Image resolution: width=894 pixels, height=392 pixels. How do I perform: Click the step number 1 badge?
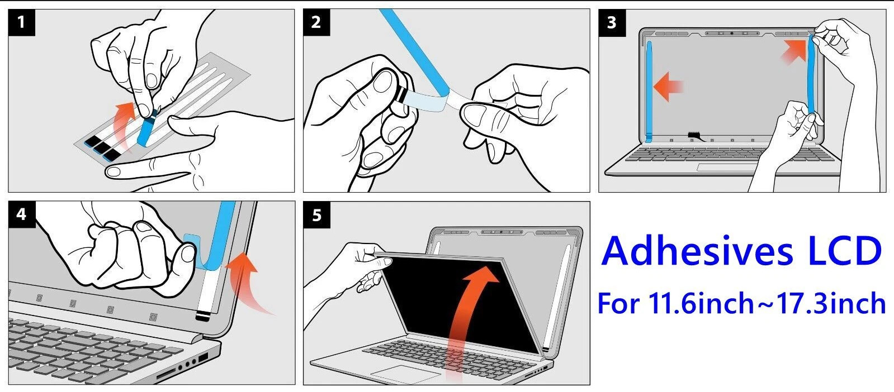click(x=22, y=22)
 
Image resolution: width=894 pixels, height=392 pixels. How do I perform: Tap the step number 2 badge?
click(x=316, y=22)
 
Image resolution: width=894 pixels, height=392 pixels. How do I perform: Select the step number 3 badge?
click(x=612, y=23)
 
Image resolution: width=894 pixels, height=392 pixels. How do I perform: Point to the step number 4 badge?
click(x=22, y=214)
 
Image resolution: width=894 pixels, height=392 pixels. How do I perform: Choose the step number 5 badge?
click(x=317, y=215)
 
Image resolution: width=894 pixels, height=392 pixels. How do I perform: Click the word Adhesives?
click(x=697, y=251)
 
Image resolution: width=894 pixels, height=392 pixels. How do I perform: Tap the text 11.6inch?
click(x=701, y=303)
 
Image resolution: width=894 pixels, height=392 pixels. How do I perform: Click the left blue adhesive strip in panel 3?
click(x=649, y=92)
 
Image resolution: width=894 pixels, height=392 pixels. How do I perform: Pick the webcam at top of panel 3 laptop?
click(x=731, y=34)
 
